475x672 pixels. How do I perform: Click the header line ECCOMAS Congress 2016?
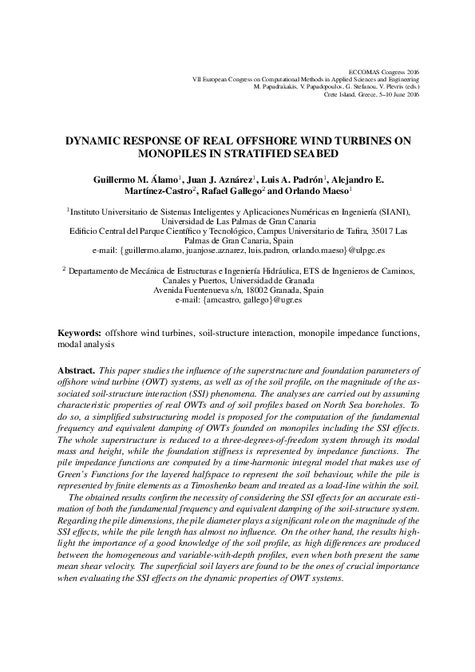pos(385,72)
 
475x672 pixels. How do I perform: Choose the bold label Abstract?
pos(77,371)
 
